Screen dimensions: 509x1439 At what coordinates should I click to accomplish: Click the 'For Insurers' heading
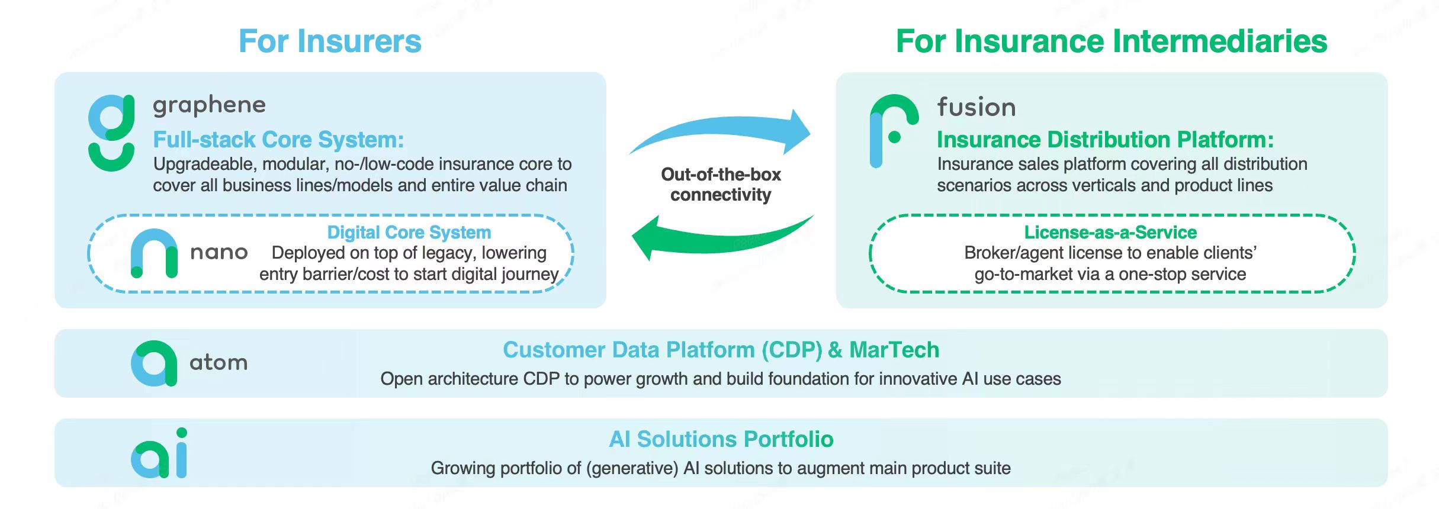pos(330,41)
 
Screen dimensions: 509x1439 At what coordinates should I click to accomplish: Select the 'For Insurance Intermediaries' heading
pos(1112,41)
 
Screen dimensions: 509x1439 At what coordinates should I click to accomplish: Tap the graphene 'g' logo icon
pos(111,133)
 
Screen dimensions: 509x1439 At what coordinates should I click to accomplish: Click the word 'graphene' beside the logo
pos(209,105)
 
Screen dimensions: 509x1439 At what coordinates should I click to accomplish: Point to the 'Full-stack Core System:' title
pos(278,140)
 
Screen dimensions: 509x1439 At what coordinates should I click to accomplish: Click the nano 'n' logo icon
pos(154,253)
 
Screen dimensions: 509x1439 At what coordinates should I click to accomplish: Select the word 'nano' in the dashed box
pos(219,253)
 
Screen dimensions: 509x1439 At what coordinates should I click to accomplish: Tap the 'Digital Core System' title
pos(409,232)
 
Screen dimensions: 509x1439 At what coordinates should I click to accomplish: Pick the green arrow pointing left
pos(717,237)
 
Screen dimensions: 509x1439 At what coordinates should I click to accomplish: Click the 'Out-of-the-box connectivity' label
pos(721,185)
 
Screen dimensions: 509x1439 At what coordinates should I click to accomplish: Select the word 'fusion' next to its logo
pos(977,107)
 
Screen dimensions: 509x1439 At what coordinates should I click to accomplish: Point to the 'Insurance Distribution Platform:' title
pos(1105,140)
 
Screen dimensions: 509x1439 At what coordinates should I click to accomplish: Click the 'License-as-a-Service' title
pos(1110,232)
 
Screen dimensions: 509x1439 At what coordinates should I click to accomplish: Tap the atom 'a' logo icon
pos(154,363)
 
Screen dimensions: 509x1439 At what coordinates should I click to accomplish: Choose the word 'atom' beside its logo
pos(219,362)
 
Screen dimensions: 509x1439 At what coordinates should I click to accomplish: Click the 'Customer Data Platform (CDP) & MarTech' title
pos(721,350)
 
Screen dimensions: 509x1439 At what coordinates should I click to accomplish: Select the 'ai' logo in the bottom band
pos(159,454)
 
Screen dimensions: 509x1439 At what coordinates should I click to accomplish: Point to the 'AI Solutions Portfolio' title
pos(721,439)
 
